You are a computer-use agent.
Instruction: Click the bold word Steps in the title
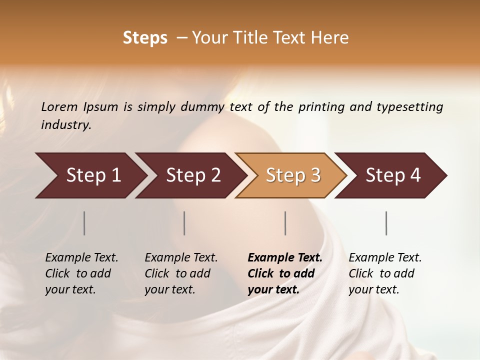145,38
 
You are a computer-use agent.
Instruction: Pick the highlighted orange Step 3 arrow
293,175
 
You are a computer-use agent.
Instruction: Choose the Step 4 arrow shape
393,175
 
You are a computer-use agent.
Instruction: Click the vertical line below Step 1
84,223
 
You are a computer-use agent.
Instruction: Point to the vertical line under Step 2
184,223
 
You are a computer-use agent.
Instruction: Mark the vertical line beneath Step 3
285,223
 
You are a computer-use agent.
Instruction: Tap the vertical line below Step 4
386,223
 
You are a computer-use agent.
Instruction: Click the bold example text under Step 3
285,273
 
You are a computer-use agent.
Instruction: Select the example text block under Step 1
81,273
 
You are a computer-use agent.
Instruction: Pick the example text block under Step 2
181,273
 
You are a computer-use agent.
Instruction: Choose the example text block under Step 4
385,273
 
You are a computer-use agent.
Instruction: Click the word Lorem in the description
59,106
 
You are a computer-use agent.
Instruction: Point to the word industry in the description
66,125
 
